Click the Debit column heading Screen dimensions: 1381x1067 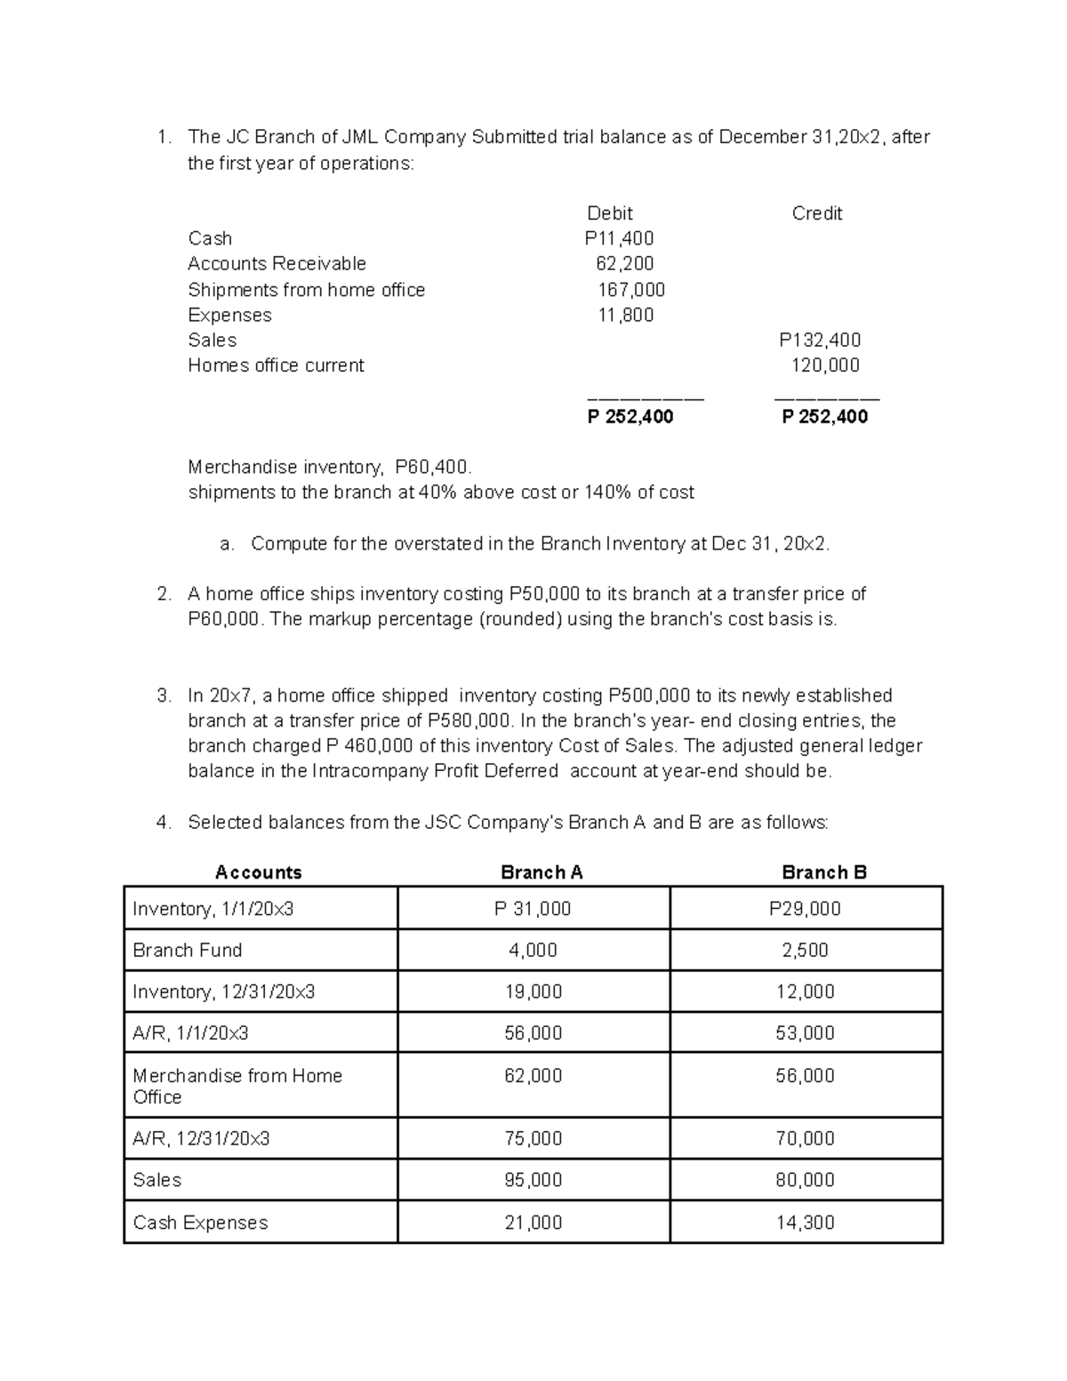(610, 213)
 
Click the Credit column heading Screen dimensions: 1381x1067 (816, 213)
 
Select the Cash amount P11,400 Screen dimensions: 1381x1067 (619, 238)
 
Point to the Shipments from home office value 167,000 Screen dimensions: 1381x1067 (630, 290)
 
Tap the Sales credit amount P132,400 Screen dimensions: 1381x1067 (820, 340)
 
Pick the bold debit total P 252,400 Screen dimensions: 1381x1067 (630, 416)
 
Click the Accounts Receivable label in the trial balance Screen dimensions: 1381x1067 (277, 263)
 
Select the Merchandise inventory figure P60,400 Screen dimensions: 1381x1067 (433, 467)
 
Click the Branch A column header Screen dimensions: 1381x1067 (542, 872)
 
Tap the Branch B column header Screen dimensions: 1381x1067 (823, 872)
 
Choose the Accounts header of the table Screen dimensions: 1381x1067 (258, 872)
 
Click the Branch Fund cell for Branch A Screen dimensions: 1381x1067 (533, 950)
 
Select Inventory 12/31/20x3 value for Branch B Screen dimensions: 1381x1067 (805, 992)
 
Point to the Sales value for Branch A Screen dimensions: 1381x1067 (533, 1180)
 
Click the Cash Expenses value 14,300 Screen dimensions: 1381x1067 (805, 1223)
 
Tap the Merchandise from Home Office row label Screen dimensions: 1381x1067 (237, 1086)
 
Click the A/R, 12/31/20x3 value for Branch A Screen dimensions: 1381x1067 (533, 1138)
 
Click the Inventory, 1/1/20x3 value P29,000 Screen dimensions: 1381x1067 (805, 909)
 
